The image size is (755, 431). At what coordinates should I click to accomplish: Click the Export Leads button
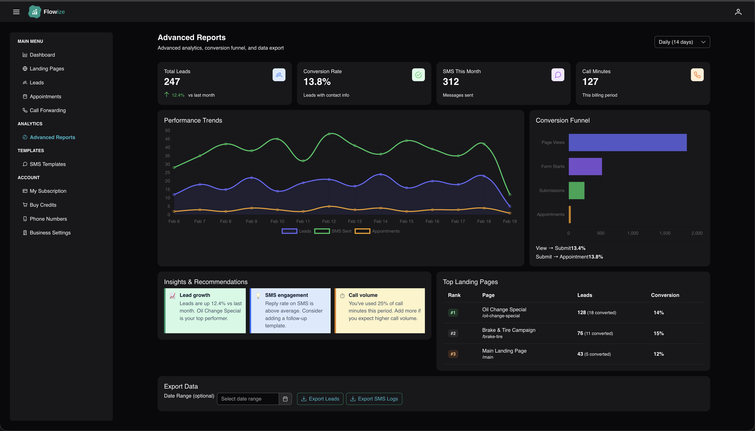[x=320, y=399]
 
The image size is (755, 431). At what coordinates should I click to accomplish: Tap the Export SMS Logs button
[x=374, y=399]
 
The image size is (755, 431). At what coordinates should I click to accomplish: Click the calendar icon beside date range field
[x=285, y=399]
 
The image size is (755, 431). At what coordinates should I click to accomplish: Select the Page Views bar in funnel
[x=628, y=142]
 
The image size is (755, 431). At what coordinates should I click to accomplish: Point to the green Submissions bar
[x=576, y=190]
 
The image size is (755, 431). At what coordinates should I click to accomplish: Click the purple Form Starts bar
[x=585, y=166]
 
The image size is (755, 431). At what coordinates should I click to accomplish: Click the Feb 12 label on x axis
[x=329, y=221]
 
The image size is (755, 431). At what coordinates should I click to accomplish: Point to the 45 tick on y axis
[x=168, y=139]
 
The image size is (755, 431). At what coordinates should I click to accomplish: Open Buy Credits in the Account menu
[x=43, y=205]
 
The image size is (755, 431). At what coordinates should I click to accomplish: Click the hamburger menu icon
[x=16, y=12]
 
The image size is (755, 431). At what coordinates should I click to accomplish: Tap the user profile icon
[x=738, y=12]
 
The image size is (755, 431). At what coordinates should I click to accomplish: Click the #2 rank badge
[x=453, y=333]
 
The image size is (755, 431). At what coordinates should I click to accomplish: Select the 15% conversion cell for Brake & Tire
[x=659, y=333]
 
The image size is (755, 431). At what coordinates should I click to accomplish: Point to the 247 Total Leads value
[x=172, y=82]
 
